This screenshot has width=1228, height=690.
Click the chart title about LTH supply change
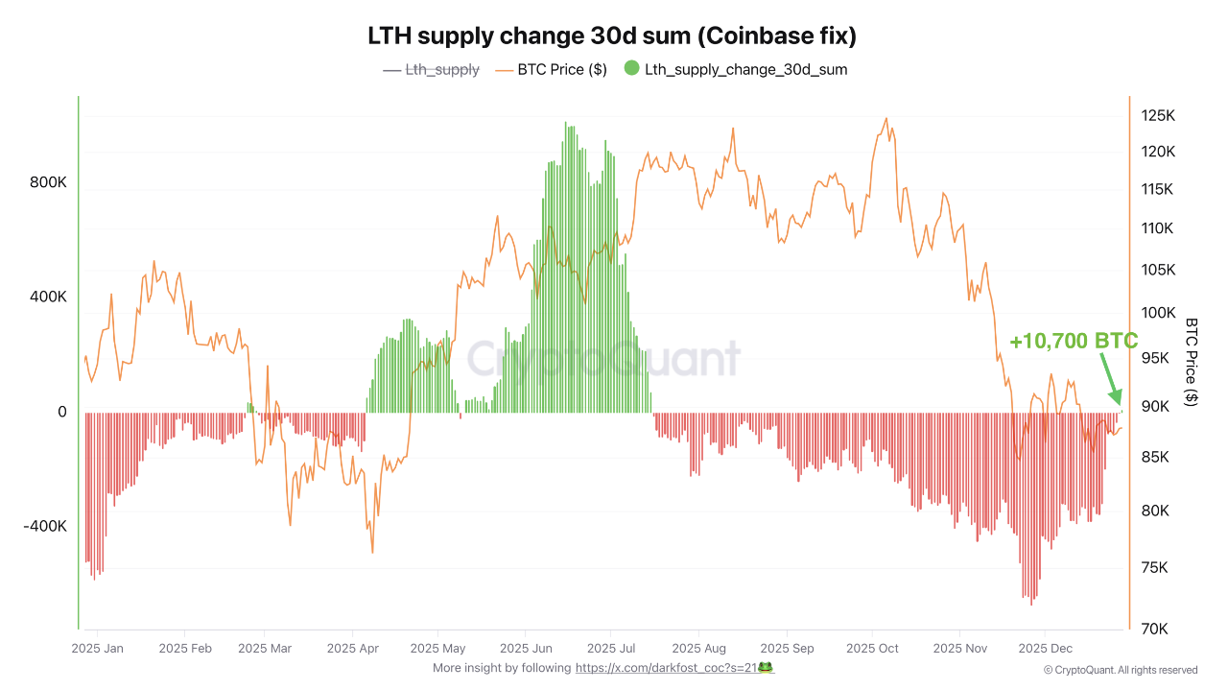click(x=612, y=36)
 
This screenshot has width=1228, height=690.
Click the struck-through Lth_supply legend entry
click(x=431, y=69)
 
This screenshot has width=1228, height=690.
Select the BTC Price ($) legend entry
click(x=551, y=69)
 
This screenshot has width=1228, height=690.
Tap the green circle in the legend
click(x=631, y=68)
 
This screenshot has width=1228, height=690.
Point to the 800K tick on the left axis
click(x=49, y=182)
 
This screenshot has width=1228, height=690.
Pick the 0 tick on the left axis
click(x=62, y=412)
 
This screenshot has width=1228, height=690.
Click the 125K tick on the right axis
click(x=1158, y=116)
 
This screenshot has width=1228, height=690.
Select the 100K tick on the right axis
click(x=1158, y=313)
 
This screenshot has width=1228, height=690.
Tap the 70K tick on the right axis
click(x=1154, y=629)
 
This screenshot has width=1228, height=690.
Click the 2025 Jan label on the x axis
click(x=97, y=649)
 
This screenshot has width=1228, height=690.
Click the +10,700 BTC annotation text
click(x=1073, y=342)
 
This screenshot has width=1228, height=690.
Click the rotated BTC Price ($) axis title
click(x=1192, y=362)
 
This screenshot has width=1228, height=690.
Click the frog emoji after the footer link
click(x=766, y=667)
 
